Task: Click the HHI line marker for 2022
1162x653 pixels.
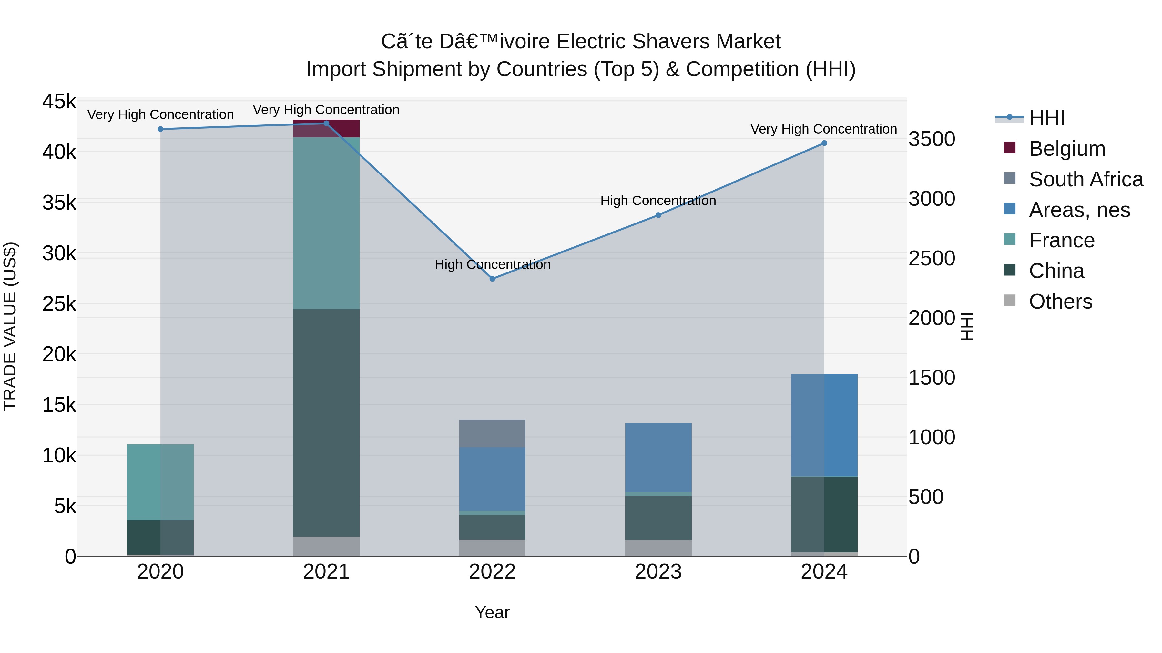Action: coord(492,279)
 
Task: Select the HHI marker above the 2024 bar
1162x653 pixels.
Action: coord(824,143)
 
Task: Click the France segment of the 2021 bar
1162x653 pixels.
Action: coord(326,223)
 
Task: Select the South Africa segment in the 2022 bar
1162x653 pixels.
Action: coord(492,433)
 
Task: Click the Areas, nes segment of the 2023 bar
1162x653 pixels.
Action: coord(658,457)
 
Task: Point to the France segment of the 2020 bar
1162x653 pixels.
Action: coord(160,482)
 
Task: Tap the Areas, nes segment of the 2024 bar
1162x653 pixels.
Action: coord(824,425)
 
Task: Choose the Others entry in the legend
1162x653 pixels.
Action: coord(1060,302)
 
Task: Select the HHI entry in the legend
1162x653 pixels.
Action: coord(1046,118)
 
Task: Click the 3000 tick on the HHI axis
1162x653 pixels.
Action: coord(932,199)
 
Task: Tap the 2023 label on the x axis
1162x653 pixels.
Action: coord(658,572)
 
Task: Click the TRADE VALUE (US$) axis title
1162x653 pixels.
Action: coord(10,326)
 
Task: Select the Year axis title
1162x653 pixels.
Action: coord(492,612)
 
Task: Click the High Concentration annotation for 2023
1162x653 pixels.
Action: coord(658,201)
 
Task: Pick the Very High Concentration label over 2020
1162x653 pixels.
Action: coord(160,114)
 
